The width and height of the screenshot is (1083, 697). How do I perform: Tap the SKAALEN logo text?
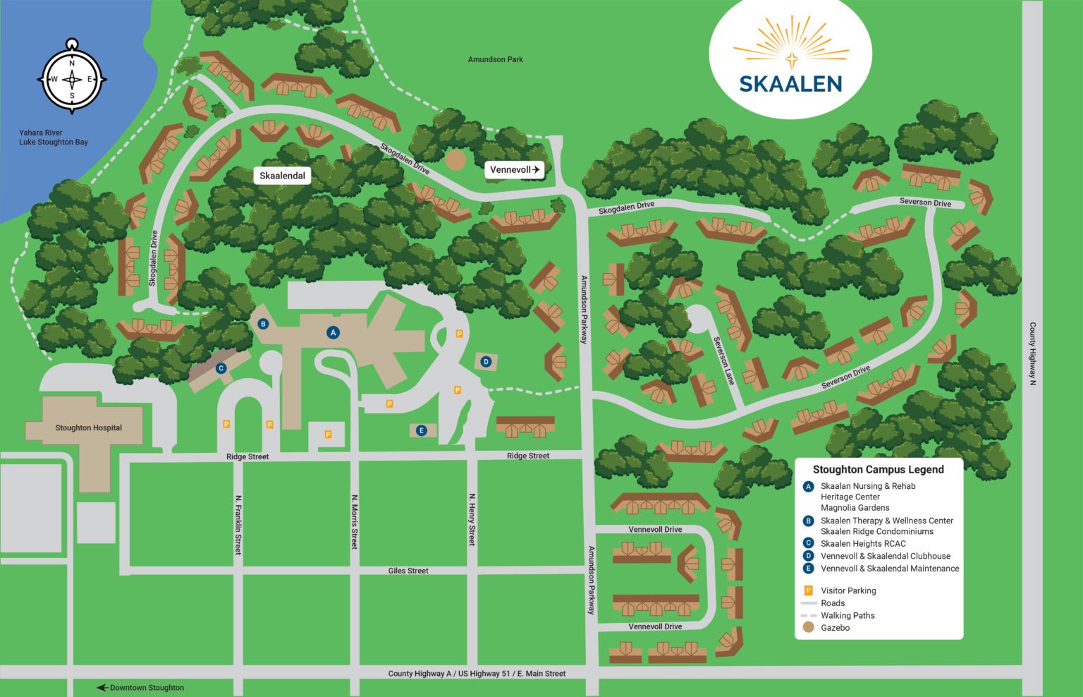pos(790,83)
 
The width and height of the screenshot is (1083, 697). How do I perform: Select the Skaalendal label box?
pos(282,176)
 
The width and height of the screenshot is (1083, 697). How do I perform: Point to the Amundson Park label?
pos(495,59)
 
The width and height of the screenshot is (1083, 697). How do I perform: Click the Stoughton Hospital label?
pos(89,428)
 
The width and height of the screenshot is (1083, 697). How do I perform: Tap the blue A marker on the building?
pos(334,332)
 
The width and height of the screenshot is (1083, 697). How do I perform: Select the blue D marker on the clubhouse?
pos(486,362)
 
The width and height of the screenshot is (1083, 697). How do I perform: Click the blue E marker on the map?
pos(421,430)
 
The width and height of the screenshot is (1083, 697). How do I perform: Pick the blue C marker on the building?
pos(221,368)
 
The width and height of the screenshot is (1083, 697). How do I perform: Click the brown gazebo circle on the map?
pos(455,159)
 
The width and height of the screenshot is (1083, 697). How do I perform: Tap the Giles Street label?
pos(408,571)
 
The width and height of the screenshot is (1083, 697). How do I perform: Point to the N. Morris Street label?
pos(355,522)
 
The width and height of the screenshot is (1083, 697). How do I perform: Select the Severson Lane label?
pos(724,360)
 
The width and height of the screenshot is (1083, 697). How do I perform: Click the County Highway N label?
pos(1032,353)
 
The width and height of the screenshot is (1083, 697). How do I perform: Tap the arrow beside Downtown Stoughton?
pos(102,688)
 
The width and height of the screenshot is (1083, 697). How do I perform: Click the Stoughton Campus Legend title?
pos(878,469)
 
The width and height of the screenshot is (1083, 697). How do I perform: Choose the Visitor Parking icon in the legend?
pos(808,590)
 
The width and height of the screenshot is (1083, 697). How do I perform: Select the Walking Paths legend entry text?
pos(848,615)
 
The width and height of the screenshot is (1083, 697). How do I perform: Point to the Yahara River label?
pos(41,133)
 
